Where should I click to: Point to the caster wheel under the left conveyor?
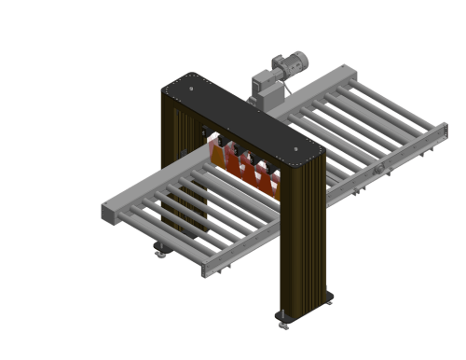coord(159,250)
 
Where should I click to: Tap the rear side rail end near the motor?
coord(346,69)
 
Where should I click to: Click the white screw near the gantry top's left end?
coord(166,87)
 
